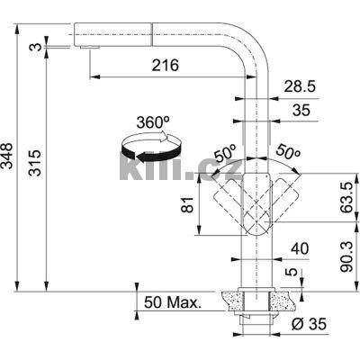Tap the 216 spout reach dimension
165,66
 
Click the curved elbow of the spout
256,38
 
